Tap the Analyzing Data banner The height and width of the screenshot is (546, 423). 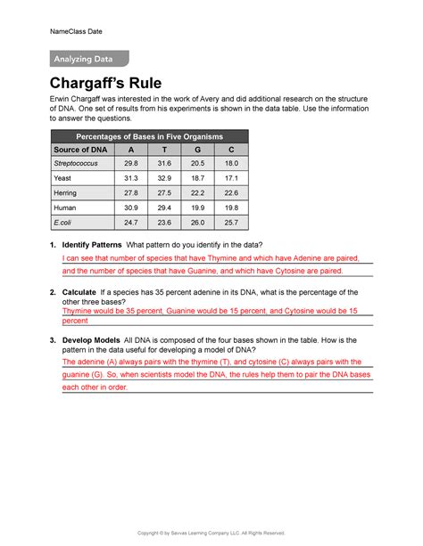coord(87,60)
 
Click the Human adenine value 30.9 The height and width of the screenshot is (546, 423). coord(131,208)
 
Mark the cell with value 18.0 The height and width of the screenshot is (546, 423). coord(231,164)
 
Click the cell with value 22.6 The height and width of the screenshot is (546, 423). coord(231,193)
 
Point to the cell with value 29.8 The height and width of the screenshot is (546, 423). coord(131,164)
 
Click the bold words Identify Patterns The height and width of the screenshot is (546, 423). coord(92,245)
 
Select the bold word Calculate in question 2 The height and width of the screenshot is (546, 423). coord(80,291)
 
